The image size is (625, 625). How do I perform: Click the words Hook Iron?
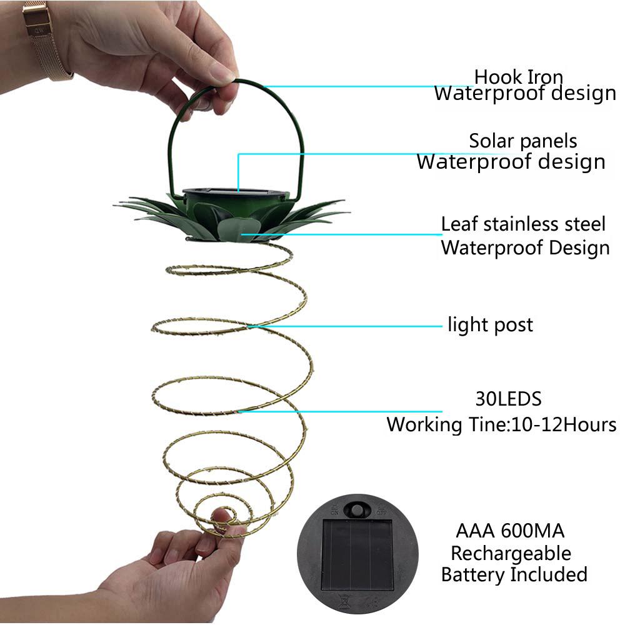[518, 76]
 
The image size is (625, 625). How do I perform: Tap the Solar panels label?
[523, 141]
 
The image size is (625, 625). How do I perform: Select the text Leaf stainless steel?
[523, 224]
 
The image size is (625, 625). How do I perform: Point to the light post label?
[490, 325]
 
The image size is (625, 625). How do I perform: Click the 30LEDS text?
[509, 399]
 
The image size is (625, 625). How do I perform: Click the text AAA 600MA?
[510, 531]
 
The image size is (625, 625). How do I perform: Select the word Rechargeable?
[511, 554]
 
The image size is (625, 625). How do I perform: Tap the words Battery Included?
[514, 575]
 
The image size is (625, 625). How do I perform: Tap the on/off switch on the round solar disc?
[357, 509]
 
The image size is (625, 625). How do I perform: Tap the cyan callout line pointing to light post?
[345, 326]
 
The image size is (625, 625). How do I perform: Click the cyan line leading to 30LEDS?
[340, 411]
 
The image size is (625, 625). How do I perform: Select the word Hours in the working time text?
[591, 424]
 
